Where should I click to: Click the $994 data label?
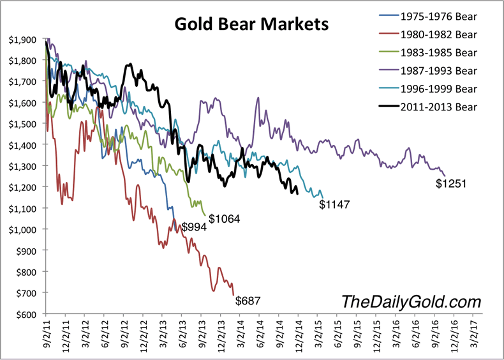tap(193, 227)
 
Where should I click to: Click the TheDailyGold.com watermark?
tap(411, 301)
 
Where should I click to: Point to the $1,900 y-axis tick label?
tap(23, 40)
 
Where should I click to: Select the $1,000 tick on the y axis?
tap(23, 229)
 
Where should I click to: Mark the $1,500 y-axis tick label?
tap(23, 124)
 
